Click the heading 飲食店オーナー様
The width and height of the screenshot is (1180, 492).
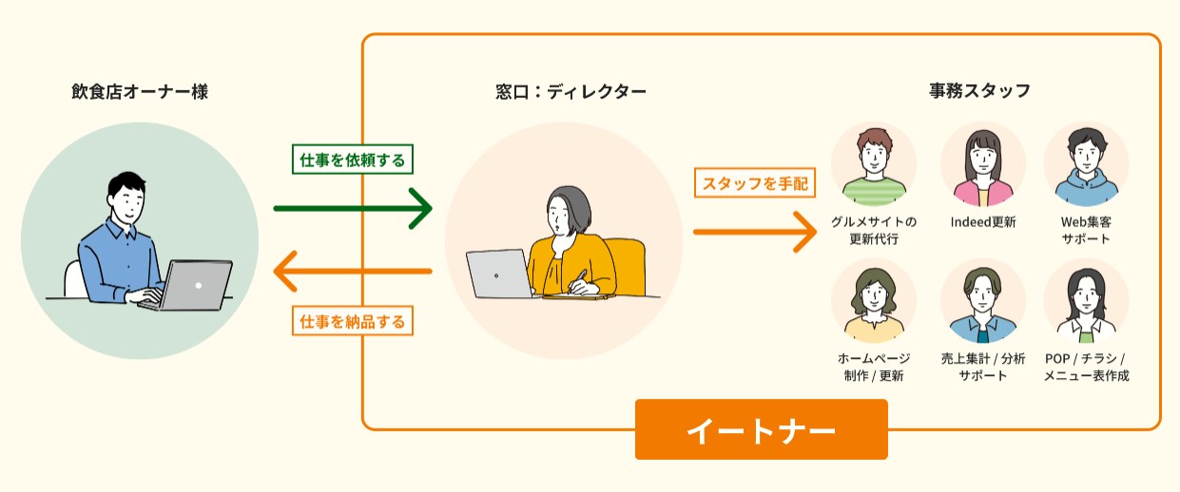(139, 92)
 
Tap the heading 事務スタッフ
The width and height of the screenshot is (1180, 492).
(979, 92)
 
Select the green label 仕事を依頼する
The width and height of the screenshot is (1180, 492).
(353, 161)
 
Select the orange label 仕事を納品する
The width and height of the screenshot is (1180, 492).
(353, 322)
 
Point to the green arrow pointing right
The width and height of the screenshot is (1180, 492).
(352, 208)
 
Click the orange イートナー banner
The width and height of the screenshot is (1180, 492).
(761, 429)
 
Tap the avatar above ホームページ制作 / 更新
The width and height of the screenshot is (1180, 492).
(873, 301)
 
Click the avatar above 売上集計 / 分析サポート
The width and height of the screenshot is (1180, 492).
(982, 301)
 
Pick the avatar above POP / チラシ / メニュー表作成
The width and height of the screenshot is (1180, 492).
(1085, 301)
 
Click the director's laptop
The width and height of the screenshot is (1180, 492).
(500, 274)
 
